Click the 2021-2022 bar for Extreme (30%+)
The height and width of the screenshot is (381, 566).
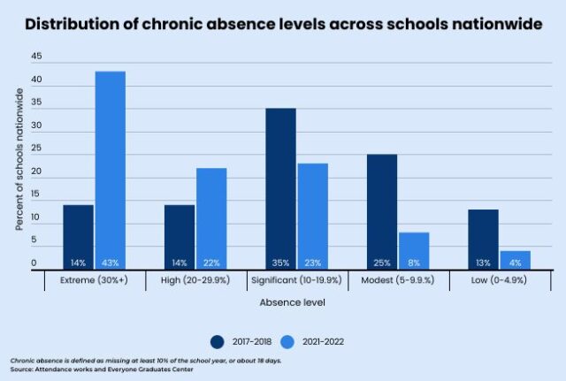click(x=110, y=169)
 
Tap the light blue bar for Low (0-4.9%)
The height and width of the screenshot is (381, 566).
click(x=515, y=259)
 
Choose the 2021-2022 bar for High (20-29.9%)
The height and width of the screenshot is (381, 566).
click(x=210, y=217)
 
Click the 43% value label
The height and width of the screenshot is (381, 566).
click(x=110, y=263)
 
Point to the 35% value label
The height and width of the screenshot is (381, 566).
click(x=280, y=263)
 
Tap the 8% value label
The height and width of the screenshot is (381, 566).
click(x=414, y=263)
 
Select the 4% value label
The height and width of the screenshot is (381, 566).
click(x=515, y=263)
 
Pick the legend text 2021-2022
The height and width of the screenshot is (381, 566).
click(x=324, y=341)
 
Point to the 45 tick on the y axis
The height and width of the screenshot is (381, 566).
click(x=36, y=56)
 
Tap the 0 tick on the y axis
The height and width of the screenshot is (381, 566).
click(x=36, y=263)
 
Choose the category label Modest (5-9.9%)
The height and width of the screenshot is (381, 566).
click(x=397, y=280)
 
